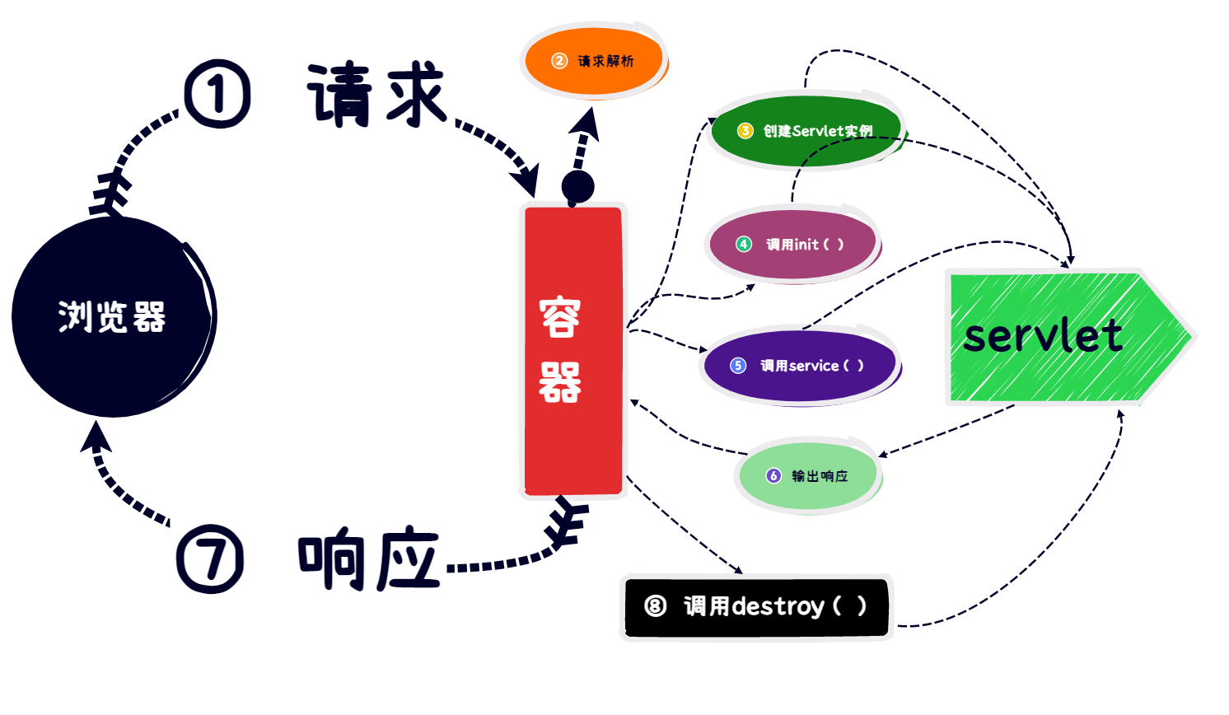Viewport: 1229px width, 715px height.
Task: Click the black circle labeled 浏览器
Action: [113, 316]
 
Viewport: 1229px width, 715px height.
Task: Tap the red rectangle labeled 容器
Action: [573, 351]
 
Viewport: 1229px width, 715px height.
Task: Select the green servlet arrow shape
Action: [1063, 337]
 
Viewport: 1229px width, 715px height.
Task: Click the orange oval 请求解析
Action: [594, 61]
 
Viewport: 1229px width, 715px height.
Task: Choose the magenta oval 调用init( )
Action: [792, 245]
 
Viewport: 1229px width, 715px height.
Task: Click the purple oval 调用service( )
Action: [799, 366]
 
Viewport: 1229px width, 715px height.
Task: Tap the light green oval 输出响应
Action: [807, 476]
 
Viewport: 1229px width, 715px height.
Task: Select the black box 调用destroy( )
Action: [756, 607]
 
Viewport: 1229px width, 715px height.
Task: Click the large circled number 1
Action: [217, 94]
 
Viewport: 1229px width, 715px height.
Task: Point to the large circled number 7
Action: [210, 558]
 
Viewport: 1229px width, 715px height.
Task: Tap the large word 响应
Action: [368, 560]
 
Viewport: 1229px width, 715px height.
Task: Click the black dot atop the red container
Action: [577, 187]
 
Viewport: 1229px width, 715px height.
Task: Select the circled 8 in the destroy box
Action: [656, 607]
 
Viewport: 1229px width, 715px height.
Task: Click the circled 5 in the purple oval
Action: [738, 366]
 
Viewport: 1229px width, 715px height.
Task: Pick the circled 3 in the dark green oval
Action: [745, 131]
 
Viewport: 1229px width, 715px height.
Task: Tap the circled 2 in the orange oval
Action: [559, 61]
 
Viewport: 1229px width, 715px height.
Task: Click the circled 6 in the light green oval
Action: [773, 476]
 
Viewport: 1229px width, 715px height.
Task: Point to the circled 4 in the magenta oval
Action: [744, 245]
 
